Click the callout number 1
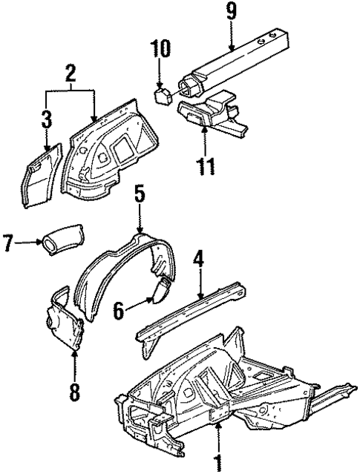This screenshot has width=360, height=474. (219, 461)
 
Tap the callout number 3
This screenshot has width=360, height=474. (47, 119)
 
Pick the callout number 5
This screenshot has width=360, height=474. (140, 197)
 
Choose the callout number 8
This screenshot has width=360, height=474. (73, 389)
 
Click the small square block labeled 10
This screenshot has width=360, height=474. (161, 94)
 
